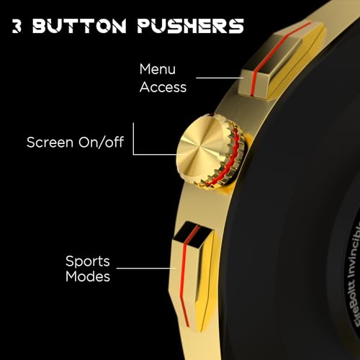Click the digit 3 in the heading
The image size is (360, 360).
pyautogui.click(x=17, y=26)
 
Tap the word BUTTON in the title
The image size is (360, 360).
pyautogui.click(x=79, y=26)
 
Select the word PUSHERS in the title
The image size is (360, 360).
pyautogui.click(x=191, y=26)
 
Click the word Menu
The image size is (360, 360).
pyautogui.click(x=158, y=69)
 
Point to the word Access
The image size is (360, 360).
pyautogui.click(x=163, y=87)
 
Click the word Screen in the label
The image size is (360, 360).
pyautogui.click(x=50, y=142)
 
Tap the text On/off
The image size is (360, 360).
pyautogui.click(x=101, y=142)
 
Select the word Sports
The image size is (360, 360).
pyautogui.click(x=88, y=261)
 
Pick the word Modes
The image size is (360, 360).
pyautogui.click(x=88, y=276)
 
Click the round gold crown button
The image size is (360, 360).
pyautogui.click(x=210, y=150)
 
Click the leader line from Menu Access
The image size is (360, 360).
pyautogui.click(x=220, y=78)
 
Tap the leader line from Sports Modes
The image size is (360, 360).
pyautogui.click(x=146, y=268)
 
